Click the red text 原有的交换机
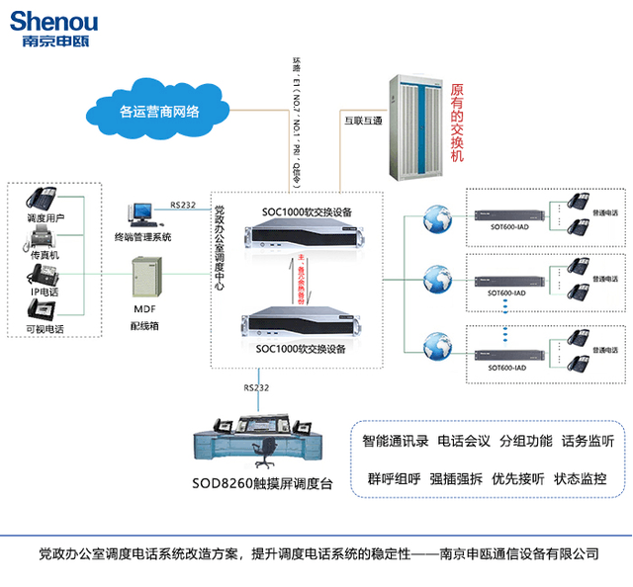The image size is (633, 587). click(456, 124)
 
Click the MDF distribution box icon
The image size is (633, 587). click(147, 276)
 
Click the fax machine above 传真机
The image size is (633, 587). click(44, 236)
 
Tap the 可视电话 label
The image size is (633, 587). click(45, 330)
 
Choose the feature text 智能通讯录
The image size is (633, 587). click(394, 440)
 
